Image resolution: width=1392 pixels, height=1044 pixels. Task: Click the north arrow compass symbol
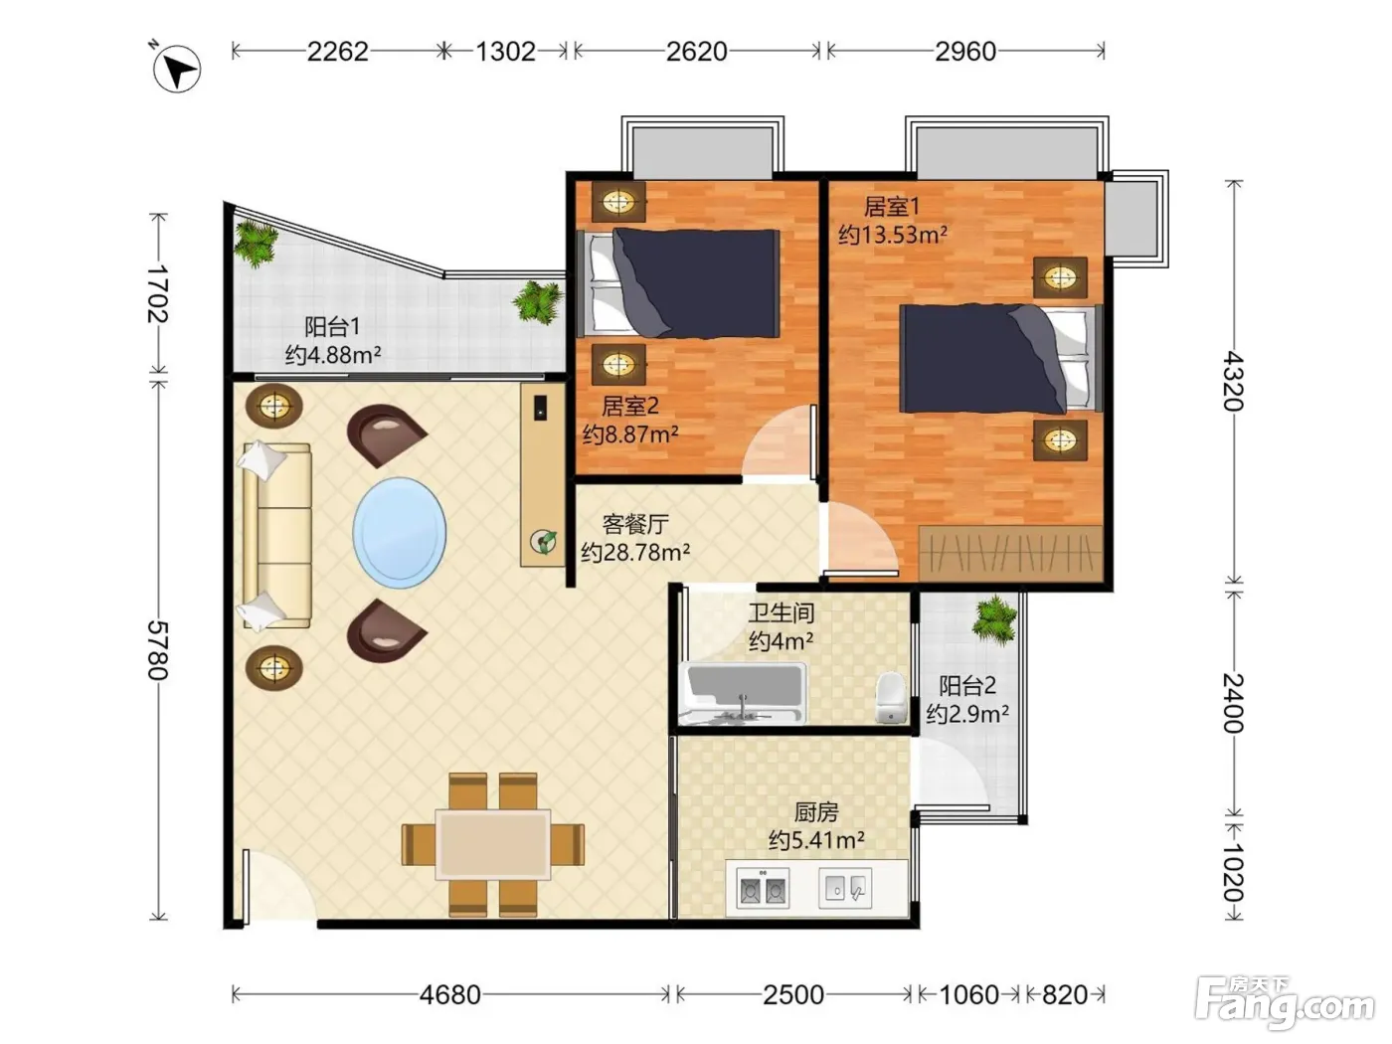177,69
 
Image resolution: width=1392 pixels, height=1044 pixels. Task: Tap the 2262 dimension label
337,52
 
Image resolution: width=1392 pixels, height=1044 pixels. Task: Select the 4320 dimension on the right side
1234,381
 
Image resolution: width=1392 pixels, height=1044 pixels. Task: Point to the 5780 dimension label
158,650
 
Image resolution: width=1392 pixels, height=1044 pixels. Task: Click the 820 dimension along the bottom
1065,995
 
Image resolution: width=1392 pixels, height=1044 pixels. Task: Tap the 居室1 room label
892,207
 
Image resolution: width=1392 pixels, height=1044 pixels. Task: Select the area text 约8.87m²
630,435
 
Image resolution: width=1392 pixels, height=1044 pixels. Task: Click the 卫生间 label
782,612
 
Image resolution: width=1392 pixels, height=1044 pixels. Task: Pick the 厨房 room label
816,812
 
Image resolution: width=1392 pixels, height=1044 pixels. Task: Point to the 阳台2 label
967,686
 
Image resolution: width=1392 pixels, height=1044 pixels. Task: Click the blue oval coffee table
400,533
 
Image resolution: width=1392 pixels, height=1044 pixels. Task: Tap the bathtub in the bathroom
742,693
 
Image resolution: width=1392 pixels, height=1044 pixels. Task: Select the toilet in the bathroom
890,697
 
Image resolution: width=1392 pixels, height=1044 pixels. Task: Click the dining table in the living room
493,844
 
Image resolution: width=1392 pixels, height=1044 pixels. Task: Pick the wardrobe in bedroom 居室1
1011,552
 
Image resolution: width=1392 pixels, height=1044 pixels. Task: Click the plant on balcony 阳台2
995,619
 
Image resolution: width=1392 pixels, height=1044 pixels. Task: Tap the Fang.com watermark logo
1285,1003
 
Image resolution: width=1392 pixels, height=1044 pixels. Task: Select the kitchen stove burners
763,889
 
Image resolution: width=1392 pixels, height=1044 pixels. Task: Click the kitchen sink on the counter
845,889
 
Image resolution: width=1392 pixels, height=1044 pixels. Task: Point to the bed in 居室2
678,282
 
